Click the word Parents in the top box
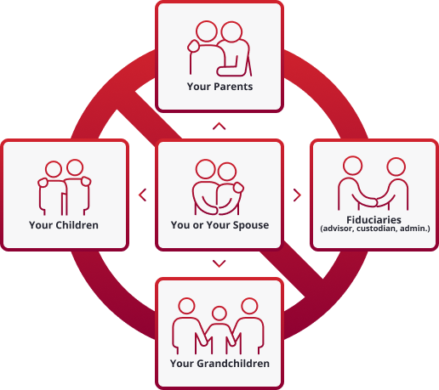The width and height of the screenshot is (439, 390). pyautogui.click(x=233, y=87)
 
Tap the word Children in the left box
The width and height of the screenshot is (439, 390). pyautogui.click(x=77, y=225)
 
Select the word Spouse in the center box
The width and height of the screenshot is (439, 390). pyautogui.click(x=251, y=225)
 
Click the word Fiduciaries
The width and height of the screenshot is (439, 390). pyautogui.click(x=373, y=220)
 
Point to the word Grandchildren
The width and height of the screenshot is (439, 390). pyautogui.click(x=233, y=364)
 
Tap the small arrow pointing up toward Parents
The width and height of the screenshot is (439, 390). pyautogui.click(x=219, y=127)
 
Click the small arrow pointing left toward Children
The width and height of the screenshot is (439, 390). pyautogui.click(x=143, y=195)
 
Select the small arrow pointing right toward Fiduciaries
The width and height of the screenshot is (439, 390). pyautogui.click(x=297, y=195)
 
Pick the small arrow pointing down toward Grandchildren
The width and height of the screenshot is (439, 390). pyautogui.click(x=219, y=263)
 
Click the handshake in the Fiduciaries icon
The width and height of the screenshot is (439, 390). pyautogui.click(x=373, y=201)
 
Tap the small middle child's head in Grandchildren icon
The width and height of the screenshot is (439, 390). pyautogui.click(x=219, y=314)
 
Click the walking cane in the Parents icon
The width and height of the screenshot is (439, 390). pyautogui.click(x=250, y=65)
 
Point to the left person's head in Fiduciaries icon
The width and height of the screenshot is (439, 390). pyautogui.click(x=352, y=166)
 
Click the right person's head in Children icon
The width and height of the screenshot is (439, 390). pyautogui.click(x=75, y=167)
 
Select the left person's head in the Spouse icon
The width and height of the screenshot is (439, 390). pyautogui.click(x=206, y=169)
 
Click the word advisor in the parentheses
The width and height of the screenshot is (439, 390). pyautogui.click(x=338, y=229)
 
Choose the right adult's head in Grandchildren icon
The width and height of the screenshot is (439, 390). pyautogui.click(x=249, y=306)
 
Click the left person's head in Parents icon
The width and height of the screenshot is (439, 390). pyautogui.click(x=207, y=31)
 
